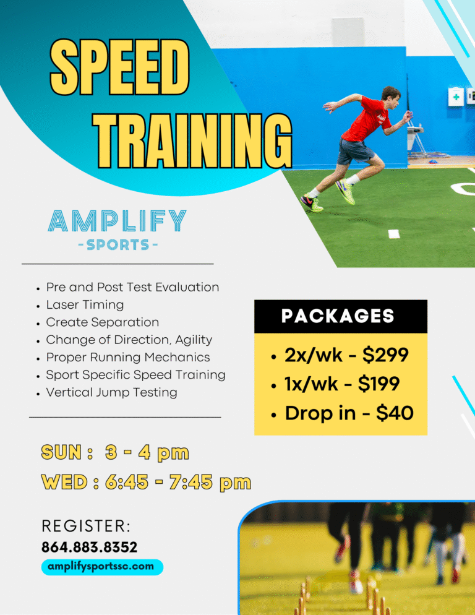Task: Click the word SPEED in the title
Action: pyautogui.click(x=119, y=67)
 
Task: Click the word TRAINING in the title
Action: pyautogui.click(x=192, y=141)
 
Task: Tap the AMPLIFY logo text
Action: pyautogui.click(x=117, y=220)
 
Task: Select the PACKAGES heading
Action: pyautogui.click(x=338, y=316)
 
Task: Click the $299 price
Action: pyautogui.click(x=385, y=355)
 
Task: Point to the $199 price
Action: pyautogui.click(x=379, y=384)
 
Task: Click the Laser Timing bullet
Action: pyautogui.click(x=85, y=305)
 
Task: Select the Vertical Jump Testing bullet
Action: pyautogui.click(x=111, y=393)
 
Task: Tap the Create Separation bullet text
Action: pyautogui.click(x=103, y=322)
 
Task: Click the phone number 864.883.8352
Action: pyautogui.click(x=90, y=547)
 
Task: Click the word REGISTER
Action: pyautogui.click(x=86, y=527)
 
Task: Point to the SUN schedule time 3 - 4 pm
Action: pyautogui.click(x=147, y=453)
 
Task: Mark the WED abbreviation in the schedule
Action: pyautogui.click(x=64, y=482)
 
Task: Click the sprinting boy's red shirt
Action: pyautogui.click(x=366, y=119)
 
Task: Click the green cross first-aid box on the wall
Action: pyautogui.click(x=456, y=97)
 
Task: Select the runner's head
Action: pyautogui.click(x=391, y=96)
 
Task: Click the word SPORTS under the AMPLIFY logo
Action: pyautogui.click(x=118, y=245)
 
